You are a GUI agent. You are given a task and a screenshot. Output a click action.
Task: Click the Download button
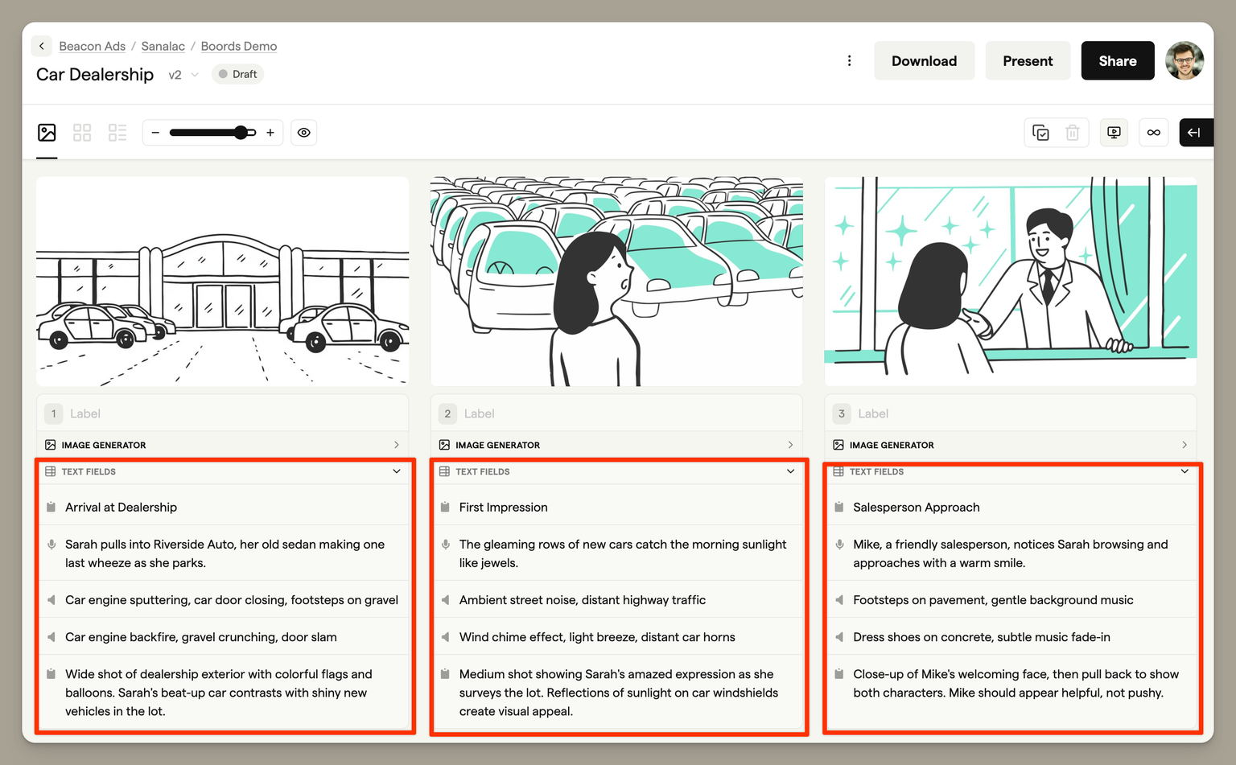click(924, 60)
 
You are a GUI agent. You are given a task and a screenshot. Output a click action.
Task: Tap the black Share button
click(1118, 60)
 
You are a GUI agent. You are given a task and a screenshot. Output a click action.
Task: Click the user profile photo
click(1184, 60)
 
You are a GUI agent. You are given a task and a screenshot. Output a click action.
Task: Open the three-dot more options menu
click(849, 60)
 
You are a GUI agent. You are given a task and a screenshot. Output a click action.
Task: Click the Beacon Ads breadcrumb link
click(93, 46)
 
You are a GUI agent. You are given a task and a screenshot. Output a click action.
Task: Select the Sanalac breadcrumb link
click(163, 46)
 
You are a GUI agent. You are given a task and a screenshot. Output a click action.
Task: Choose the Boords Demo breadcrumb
click(239, 46)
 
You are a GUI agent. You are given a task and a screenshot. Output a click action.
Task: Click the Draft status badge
click(238, 74)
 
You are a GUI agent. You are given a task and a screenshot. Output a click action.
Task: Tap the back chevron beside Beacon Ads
click(41, 46)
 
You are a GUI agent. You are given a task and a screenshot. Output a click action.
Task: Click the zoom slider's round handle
click(241, 133)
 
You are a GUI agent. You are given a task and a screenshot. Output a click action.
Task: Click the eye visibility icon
click(303, 133)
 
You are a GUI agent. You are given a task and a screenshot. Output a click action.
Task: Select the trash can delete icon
click(1072, 133)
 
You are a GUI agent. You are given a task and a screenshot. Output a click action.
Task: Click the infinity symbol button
click(1153, 133)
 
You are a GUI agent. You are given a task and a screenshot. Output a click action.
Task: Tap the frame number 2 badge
click(447, 413)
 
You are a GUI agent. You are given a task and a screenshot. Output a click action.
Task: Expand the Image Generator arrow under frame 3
click(1184, 445)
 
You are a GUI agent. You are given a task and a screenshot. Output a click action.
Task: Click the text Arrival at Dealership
click(121, 507)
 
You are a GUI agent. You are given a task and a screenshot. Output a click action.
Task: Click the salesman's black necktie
click(1048, 285)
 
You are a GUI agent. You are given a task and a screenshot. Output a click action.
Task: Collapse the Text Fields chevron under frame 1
click(396, 471)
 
